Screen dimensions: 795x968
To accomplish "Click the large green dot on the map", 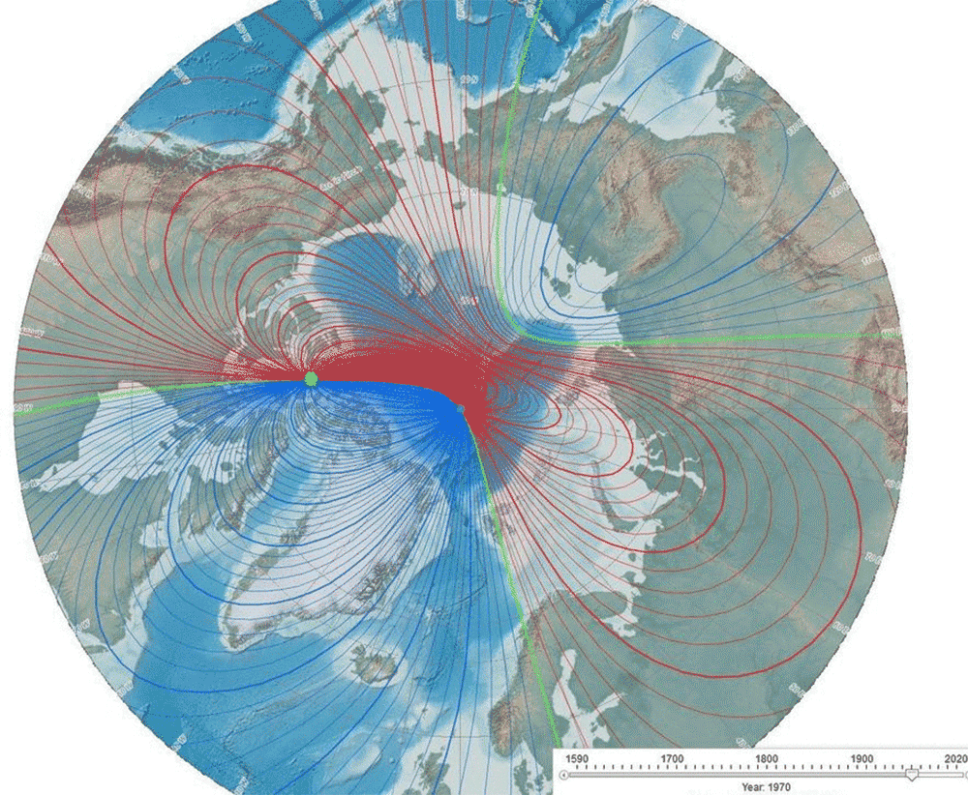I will pos(311,379).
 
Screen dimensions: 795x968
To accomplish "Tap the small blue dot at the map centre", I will pos(461,409).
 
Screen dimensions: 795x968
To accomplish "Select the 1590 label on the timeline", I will pos(577,758).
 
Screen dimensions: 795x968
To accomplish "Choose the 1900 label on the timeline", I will pos(862,758).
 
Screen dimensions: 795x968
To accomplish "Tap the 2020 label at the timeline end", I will pos(953,758).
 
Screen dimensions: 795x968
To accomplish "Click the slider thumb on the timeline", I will pos(911,775).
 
